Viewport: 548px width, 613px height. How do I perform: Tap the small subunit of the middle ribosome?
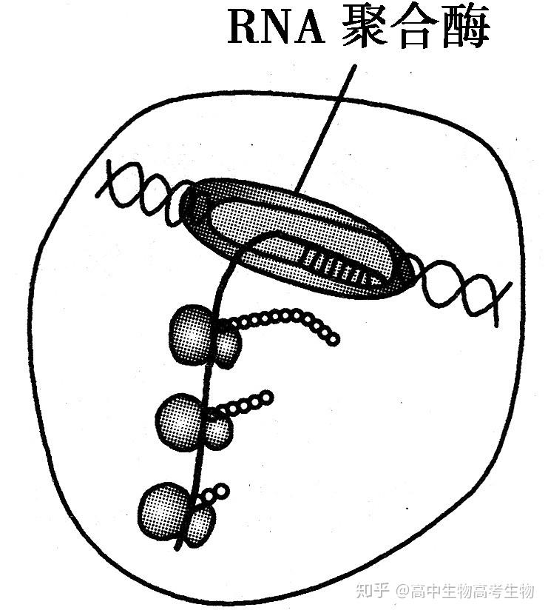[217, 432]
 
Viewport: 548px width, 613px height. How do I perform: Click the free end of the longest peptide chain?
[333, 339]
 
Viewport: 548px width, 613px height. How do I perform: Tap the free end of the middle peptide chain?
[266, 398]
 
